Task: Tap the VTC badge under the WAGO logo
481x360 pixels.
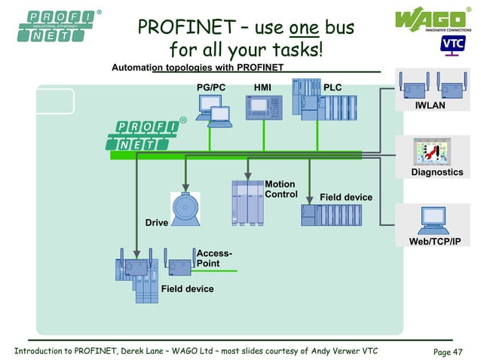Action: tap(452, 44)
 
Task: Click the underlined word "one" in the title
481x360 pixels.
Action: tap(305, 29)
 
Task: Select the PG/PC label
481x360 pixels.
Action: tap(211, 87)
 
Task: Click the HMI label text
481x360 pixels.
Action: tap(262, 87)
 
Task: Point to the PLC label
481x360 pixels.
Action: tap(332, 87)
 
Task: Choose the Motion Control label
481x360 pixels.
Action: tap(280, 189)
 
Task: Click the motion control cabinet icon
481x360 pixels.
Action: tap(247, 203)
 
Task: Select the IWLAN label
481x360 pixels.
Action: tap(430, 105)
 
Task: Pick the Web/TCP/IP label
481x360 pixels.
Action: tap(434, 241)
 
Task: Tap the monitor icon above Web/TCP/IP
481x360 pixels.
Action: tap(434, 218)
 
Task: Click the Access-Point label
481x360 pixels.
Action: tap(213, 258)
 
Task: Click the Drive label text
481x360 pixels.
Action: tap(156, 223)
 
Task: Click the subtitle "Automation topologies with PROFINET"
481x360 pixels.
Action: tap(198, 68)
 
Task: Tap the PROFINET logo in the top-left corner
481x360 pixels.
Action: tap(52, 26)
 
